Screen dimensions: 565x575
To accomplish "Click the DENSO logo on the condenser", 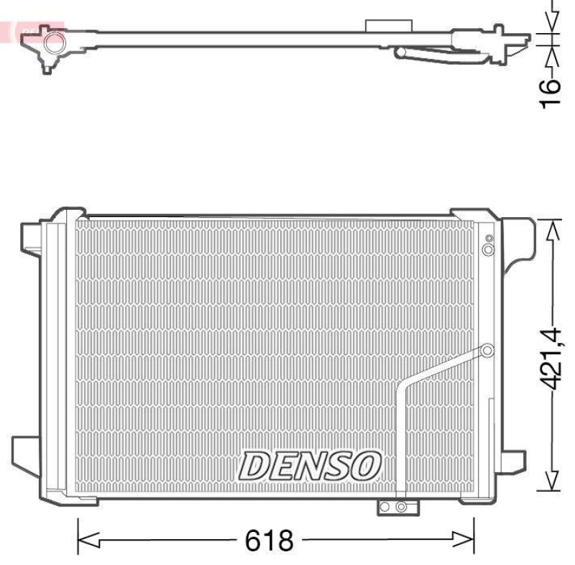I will tap(310, 466).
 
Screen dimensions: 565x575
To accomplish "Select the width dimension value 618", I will tap(270, 539).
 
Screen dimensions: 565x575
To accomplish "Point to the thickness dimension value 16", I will tap(550, 92).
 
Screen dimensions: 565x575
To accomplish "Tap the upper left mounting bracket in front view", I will tap(32, 238).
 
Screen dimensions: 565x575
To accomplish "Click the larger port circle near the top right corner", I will tap(488, 249).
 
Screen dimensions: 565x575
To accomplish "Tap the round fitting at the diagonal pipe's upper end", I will tap(487, 351).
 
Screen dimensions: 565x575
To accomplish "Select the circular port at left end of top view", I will tap(52, 45).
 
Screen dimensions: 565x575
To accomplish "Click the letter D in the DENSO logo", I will tap(254, 467).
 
